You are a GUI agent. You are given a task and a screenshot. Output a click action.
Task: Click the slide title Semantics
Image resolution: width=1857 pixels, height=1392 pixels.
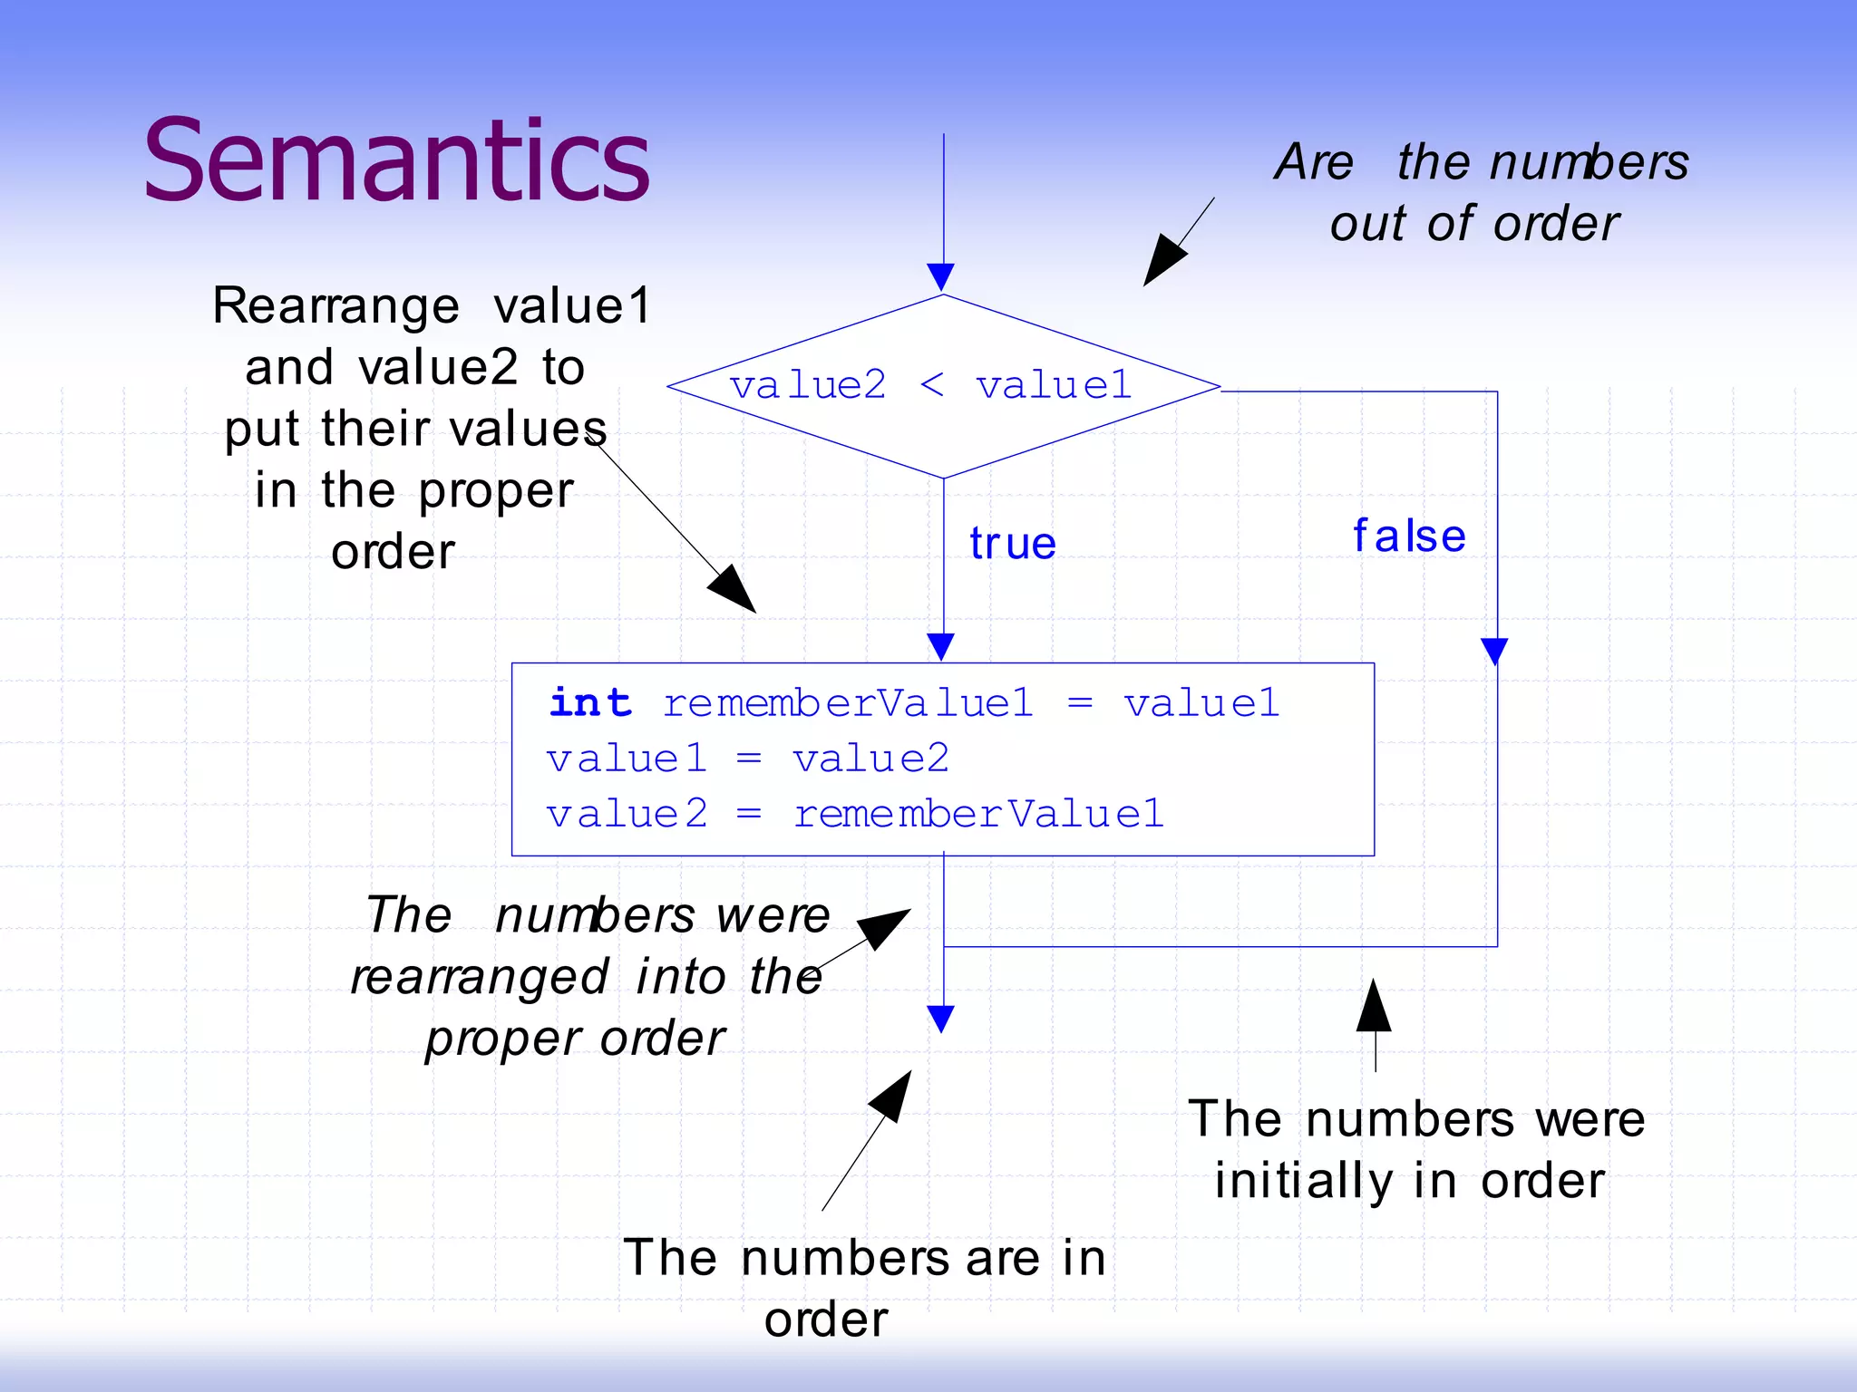click(396, 161)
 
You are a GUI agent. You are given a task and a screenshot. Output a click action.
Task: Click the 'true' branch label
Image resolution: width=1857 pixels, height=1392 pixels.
click(1012, 544)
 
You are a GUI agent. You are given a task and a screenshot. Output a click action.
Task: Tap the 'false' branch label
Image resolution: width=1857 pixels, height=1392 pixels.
click(1409, 536)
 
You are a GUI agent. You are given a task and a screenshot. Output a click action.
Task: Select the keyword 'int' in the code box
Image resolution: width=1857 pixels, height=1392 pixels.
click(590, 703)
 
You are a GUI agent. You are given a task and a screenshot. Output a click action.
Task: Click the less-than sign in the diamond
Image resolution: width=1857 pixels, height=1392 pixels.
click(931, 386)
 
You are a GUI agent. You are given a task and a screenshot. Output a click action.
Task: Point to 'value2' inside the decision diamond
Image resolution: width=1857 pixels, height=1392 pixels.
click(808, 386)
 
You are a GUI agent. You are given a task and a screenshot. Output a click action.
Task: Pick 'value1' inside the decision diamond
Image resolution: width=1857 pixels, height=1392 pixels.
click(1054, 386)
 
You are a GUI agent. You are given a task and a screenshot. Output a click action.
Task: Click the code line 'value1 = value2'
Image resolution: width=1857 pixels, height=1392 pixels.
click(747, 759)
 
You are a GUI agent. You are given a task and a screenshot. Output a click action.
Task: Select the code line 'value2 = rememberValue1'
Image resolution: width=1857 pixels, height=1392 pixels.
click(854, 814)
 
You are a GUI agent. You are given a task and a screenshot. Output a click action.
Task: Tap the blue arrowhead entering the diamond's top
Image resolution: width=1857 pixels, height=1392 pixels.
click(941, 276)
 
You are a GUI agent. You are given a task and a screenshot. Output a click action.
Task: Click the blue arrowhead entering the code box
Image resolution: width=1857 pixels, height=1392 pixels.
click(941, 646)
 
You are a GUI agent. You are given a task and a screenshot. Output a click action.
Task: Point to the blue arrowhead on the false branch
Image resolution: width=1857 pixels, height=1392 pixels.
click(1494, 651)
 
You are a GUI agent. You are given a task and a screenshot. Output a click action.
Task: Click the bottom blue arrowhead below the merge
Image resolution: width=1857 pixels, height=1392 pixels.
click(941, 1019)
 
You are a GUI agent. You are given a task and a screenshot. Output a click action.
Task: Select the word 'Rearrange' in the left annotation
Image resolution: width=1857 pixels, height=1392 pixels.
click(335, 306)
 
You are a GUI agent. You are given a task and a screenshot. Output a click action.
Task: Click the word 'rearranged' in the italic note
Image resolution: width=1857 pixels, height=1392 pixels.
click(480, 978)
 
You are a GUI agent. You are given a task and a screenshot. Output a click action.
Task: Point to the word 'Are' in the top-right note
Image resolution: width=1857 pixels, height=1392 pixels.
click(1314, 163)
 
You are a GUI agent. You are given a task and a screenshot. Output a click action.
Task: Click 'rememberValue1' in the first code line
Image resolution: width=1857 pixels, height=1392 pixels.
click(848, 703)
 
